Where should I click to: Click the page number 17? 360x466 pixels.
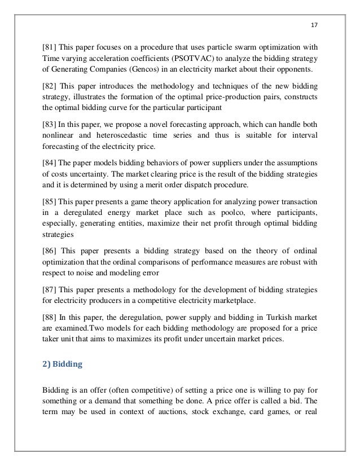[314, 24]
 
